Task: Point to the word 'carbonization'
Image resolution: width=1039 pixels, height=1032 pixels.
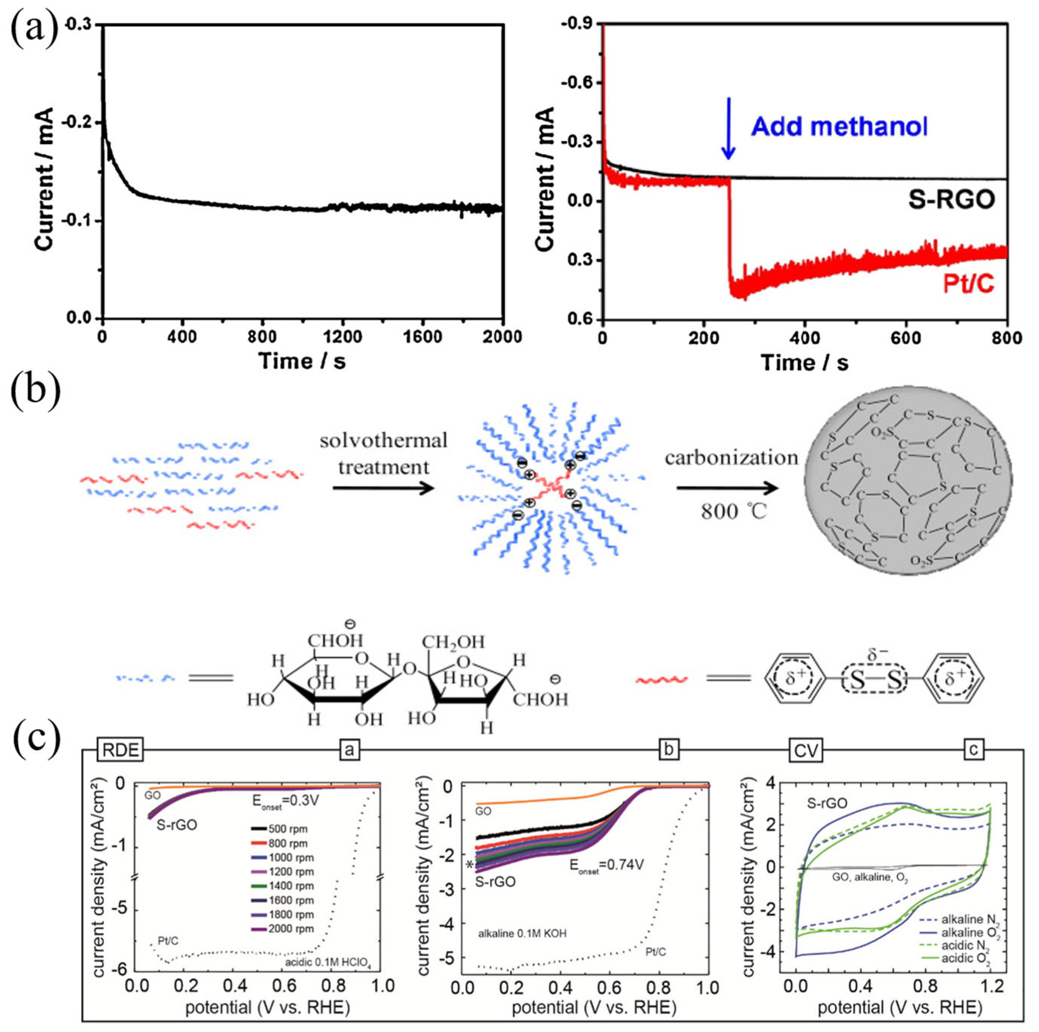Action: [x=731, y=458]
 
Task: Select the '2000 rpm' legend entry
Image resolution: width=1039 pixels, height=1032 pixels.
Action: [x=279, y=928]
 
